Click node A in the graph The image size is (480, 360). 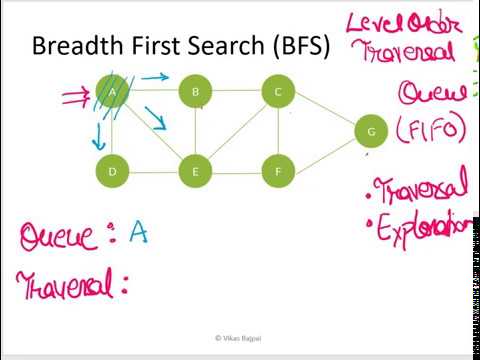(x=113, y=93)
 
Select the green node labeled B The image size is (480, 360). (x=195, y=93)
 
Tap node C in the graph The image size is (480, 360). (x=277, y=93)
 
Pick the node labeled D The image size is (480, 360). (x=113, y=171)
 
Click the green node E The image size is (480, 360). (x=195, y=171)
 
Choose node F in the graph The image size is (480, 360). (x=277, y=171)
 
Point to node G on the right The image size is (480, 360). (x=371, y=131)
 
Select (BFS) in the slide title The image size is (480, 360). (x=294, y=46)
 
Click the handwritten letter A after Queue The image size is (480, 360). (x=138, y=233)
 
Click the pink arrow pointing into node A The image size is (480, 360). (x=77, y=97)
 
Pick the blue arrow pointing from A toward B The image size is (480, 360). (x=154, y=77)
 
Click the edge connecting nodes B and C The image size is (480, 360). (x=236, y=93)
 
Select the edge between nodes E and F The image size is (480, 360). (x=236, y=171)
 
